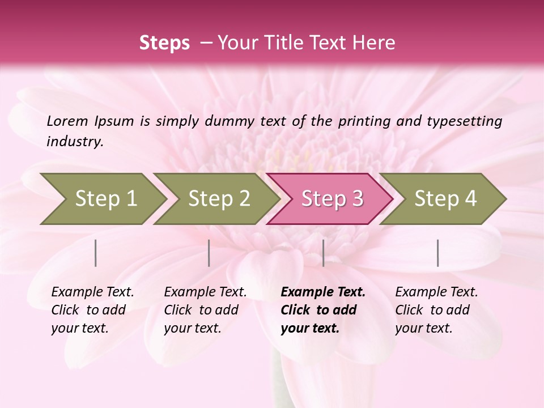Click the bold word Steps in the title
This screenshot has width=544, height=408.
click(x=164, y=43)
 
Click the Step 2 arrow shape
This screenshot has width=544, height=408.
click(x=216, y=199)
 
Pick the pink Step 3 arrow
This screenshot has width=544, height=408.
click(x=330, y=199)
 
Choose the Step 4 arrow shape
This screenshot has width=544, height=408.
click(x=444, y=199)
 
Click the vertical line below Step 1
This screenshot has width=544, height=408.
click(x=96, y=253)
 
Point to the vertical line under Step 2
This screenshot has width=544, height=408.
click(x=209, y=253)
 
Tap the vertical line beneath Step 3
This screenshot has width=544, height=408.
click(x=323, y=253)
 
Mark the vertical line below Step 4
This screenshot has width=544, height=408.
click(x=438, y=253)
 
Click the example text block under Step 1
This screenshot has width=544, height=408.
click(x=92, y=310)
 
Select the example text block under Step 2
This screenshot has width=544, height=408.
click(x=205, y=310)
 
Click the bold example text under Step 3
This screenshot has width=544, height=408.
click(x=322, y=310)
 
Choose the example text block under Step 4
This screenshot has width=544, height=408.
click(x=436, y=310)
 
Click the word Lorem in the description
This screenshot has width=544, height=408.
click(x=67, y=121)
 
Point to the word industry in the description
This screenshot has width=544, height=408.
click(x=74, y=141)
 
